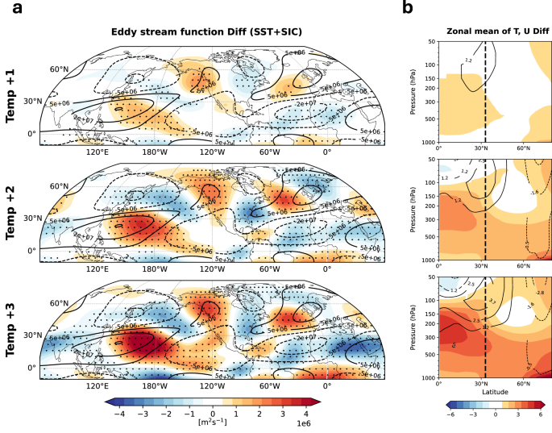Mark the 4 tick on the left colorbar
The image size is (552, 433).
click(306, 411)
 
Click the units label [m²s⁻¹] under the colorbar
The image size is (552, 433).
click(213, 422)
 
